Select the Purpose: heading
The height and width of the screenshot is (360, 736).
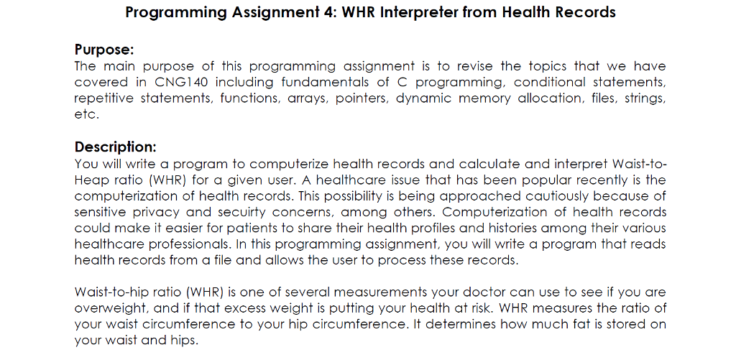104,50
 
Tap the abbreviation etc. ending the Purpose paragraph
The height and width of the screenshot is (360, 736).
86,114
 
